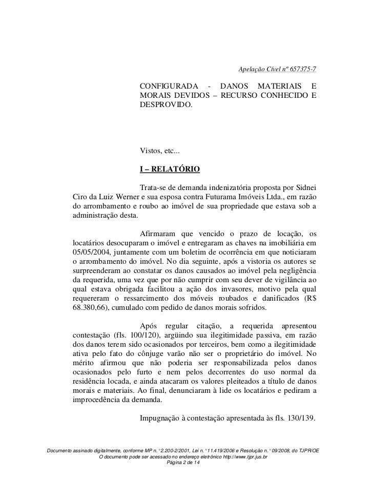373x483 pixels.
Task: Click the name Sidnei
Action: tap(304, 187)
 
